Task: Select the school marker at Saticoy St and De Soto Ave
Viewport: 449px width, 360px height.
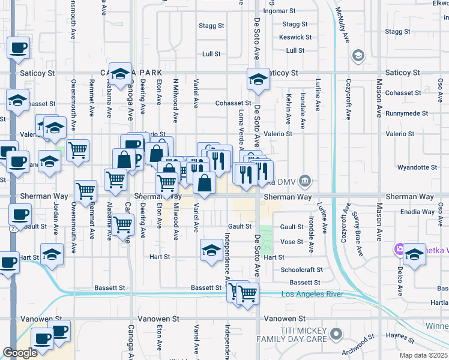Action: pos(258,80)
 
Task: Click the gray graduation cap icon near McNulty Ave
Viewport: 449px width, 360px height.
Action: pos(358,56)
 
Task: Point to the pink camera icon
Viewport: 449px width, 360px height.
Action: pos(399,249)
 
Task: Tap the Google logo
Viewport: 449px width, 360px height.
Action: pos(20,353)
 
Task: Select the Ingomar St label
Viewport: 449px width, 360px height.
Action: pos(283,11)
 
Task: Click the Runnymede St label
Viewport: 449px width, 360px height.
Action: pos(406,113)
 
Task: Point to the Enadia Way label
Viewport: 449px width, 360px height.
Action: pos(418,212)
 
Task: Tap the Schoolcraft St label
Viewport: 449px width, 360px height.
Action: pos(302,270)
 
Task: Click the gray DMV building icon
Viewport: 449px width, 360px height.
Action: pos(304,180)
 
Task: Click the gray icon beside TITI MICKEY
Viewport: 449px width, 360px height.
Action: pos(336,332)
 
